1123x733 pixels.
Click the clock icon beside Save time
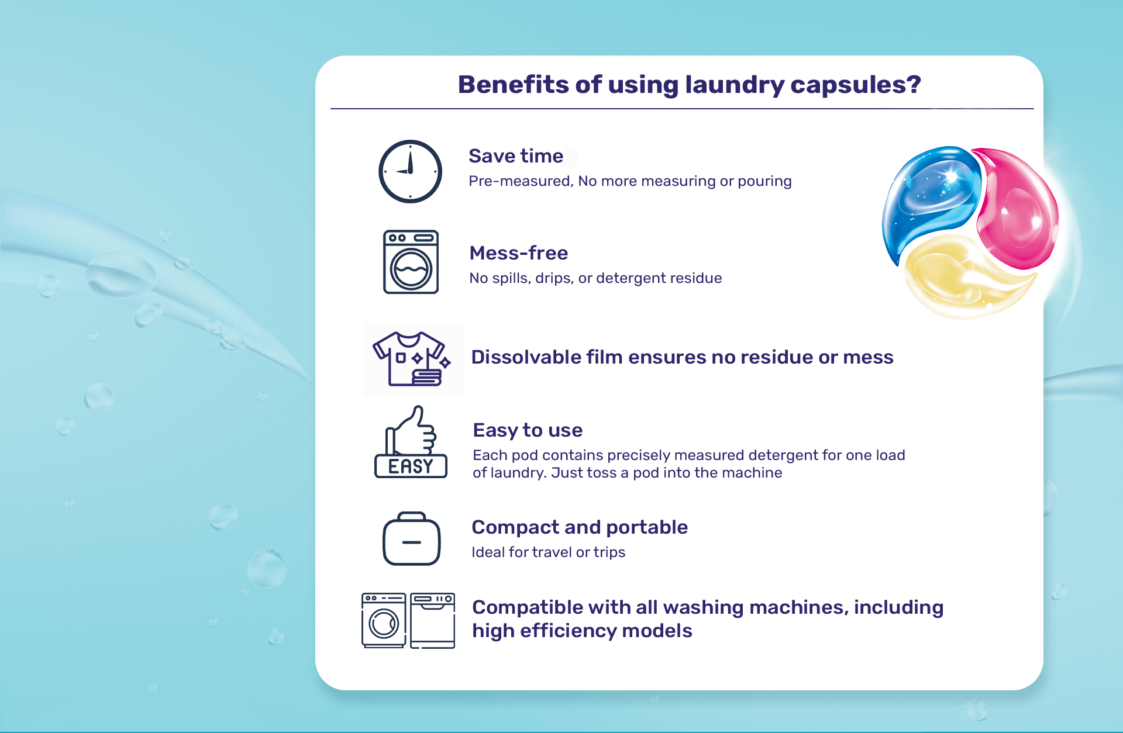410,171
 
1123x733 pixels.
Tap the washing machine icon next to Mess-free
411,262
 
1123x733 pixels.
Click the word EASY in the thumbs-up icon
411,466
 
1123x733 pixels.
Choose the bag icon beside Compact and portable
411,538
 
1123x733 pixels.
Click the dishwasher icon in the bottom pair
433,621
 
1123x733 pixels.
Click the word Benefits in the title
513,84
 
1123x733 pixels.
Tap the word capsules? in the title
856,85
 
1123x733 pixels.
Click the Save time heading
516,156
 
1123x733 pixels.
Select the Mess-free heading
519,253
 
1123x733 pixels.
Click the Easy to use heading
528,430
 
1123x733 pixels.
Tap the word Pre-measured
521,181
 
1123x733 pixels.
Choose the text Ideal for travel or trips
549,552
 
